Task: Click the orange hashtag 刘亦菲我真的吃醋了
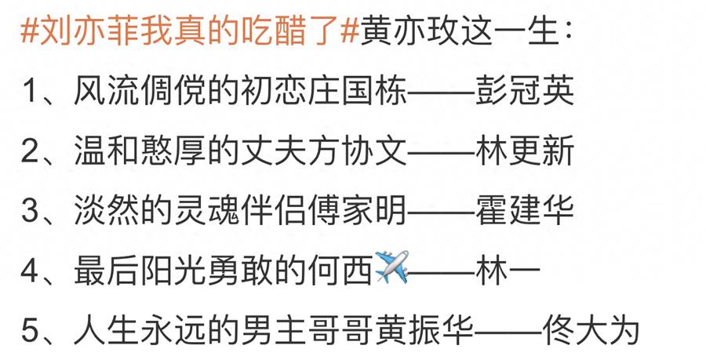[190, 31]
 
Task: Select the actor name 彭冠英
[525, 90]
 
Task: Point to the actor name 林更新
[525, 151]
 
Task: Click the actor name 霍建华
[525, 210]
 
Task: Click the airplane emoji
[391, 267]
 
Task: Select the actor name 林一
[508, 270]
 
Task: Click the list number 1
[30, 91]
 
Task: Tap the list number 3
[30, 211]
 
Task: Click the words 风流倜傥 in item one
[140, 90]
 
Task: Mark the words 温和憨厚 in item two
[140, 151]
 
